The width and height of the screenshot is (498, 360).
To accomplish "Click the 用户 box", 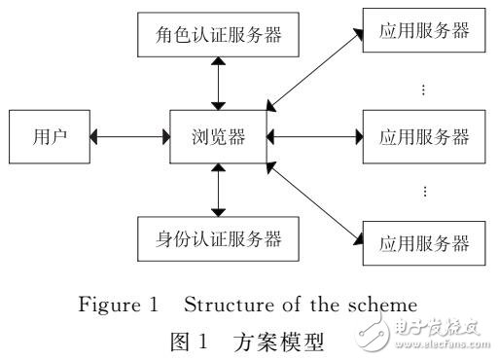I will (46, 137).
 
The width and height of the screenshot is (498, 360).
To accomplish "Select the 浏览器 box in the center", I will (219, 137).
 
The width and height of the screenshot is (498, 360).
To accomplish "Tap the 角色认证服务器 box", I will (219, 37).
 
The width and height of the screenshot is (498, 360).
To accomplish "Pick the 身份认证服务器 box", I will (219, 236).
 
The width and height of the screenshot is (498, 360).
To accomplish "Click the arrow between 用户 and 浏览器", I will (129, 137).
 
